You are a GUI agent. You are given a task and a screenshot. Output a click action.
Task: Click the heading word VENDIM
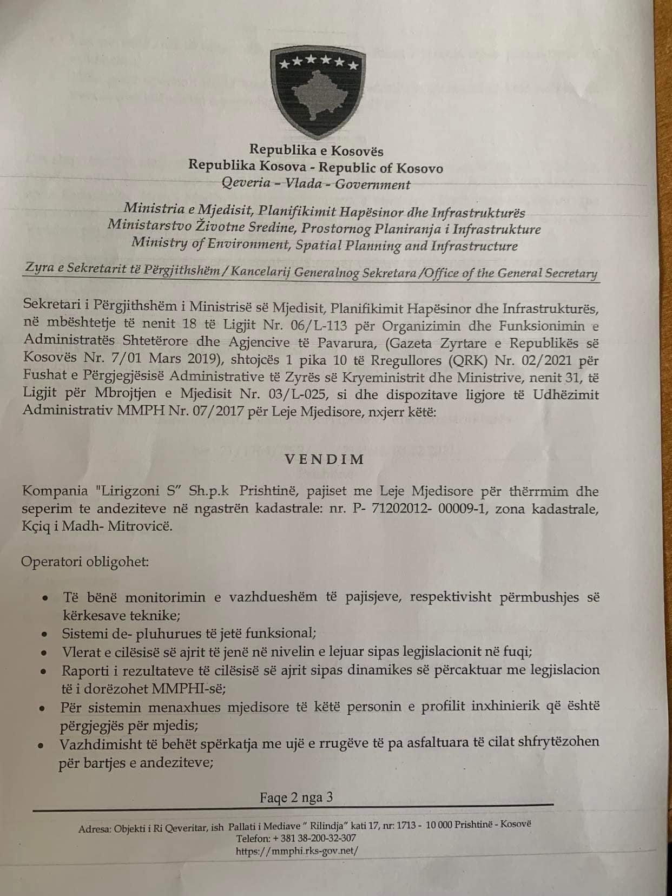coord(325,459)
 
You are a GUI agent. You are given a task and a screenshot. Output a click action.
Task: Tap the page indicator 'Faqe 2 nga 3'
coord(296,797)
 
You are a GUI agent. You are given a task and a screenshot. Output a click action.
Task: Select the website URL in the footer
coord(297,851)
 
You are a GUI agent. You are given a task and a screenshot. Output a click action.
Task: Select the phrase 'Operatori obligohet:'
coord(85,562)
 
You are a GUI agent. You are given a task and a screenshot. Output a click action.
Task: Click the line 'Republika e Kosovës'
coord(316,151)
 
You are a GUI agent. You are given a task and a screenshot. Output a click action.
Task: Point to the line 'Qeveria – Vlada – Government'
coord(316,184)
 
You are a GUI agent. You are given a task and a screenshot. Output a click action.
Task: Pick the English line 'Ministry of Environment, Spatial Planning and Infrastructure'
coord(324,245)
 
